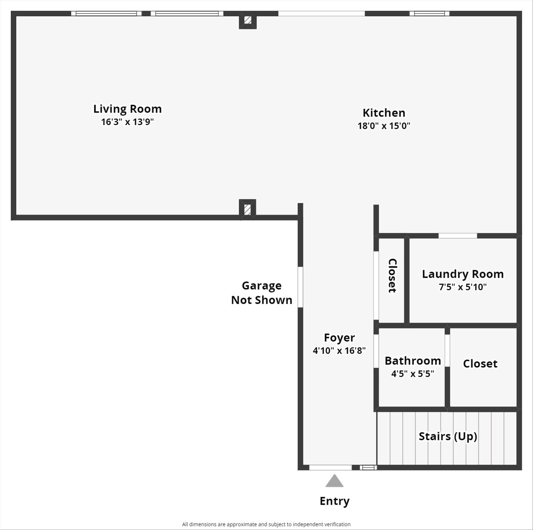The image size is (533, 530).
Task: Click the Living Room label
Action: [127, 109]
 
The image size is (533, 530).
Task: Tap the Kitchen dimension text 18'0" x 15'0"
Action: [384, 126]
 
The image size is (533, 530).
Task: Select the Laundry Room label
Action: [463, 274]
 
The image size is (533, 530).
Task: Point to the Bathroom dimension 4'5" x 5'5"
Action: [413, 373]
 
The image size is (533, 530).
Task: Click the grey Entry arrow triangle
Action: [334, 481]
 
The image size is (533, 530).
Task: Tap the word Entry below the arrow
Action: [334, 501]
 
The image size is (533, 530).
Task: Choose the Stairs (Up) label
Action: [448, 436]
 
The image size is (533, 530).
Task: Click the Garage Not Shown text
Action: [262, 293]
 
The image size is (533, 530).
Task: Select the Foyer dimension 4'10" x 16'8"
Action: [339, 350]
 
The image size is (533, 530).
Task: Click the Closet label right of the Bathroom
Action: [480, 364]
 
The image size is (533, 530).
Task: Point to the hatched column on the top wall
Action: [248, 20]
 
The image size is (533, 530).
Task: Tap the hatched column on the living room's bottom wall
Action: [247, 209]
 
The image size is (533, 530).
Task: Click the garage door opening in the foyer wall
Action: [300, 287]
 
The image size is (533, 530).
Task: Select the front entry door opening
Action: [330, 467]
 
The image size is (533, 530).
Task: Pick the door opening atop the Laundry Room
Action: [458, 236]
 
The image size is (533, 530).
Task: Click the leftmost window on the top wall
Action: [106, 14]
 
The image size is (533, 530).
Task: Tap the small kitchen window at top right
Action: [429, 14]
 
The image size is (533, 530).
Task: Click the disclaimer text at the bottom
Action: [266, 524]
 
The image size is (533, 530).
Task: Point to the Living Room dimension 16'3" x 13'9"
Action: [127, 122]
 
